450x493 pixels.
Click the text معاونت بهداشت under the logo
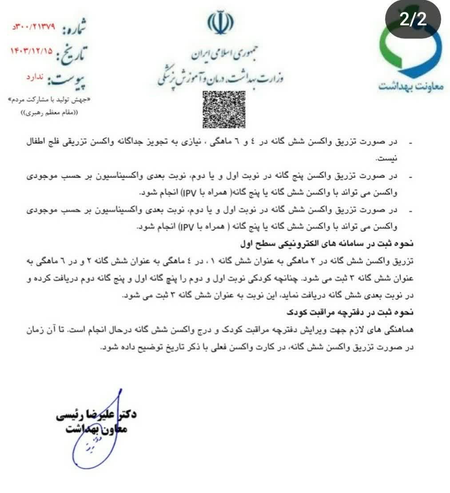click(411, 86)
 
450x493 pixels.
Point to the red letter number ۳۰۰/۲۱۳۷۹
click(33, 27)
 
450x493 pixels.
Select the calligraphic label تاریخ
click(72, 54)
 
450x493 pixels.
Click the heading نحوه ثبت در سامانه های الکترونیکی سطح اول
click(338, 243)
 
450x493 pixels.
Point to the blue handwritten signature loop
click(89, 449)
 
